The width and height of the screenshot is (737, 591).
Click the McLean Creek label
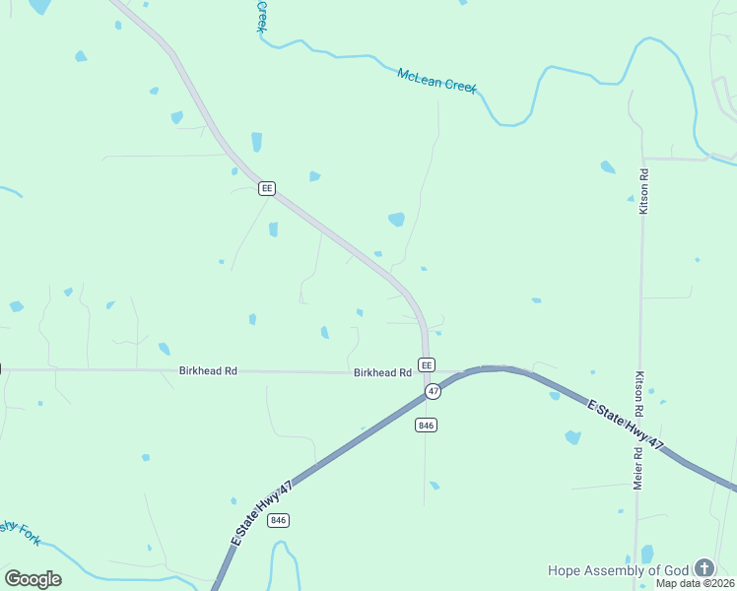coord(436,80)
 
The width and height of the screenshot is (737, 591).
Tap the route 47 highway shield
coord(433,392)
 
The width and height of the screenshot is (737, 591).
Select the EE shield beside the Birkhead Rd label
coord(427,364)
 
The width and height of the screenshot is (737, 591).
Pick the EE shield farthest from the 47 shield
coord(266,188)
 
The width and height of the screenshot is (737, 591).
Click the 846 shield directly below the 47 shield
coord(426,425)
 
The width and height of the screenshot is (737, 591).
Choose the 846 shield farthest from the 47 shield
coord(278,520)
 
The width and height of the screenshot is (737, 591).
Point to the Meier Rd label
coord(637,469)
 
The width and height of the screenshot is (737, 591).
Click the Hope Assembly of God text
coord(619,570)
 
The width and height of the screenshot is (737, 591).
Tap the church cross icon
coord(703,568)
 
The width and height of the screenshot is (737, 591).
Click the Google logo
coord(33,579)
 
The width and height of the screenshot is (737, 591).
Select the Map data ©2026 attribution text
coord(696,583)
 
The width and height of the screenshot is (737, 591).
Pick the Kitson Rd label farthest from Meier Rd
coord(643,191)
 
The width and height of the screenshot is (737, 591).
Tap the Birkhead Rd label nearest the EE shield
coord(382,372)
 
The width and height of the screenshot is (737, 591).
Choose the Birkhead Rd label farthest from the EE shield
coord(208,371)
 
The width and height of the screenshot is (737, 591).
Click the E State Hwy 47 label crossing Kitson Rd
coord(626,426)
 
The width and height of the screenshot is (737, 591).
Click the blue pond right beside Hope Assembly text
coord(646,554)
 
